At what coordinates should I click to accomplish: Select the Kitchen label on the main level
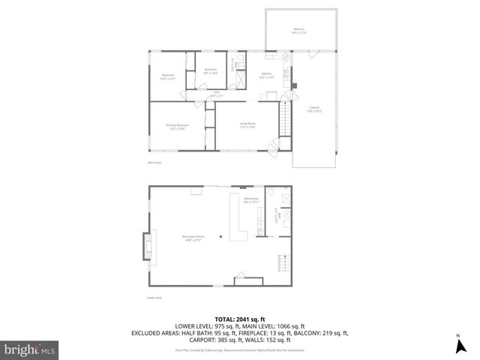[266, 74]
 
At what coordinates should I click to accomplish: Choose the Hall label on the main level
[216, 94]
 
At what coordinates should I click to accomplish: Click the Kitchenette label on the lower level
[251, 199]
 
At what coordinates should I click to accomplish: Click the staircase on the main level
[283, 115]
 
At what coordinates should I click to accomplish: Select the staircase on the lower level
[284, 262]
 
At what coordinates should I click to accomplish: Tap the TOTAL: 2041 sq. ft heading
[239, 318]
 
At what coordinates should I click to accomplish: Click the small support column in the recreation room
[220, 237]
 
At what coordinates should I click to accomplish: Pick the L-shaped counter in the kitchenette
[241, 225]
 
